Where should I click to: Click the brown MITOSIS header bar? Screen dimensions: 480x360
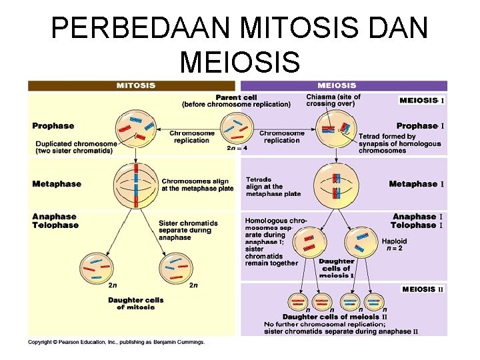pos(131,85)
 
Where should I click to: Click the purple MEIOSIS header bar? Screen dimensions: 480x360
pos(343,85)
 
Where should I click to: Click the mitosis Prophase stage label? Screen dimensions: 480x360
pos(53,125)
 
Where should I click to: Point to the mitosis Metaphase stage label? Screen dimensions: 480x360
pos(57,184)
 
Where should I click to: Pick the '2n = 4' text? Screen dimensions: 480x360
pos(237,149)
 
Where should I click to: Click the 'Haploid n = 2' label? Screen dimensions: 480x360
pos(394,245)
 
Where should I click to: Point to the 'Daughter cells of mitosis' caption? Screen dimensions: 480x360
pos(135,303)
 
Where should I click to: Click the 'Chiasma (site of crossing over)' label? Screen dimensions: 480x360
pos(333,100)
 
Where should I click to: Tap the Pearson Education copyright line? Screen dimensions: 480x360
pos(116,343)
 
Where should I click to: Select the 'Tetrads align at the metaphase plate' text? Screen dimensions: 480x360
pos(273,187)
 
